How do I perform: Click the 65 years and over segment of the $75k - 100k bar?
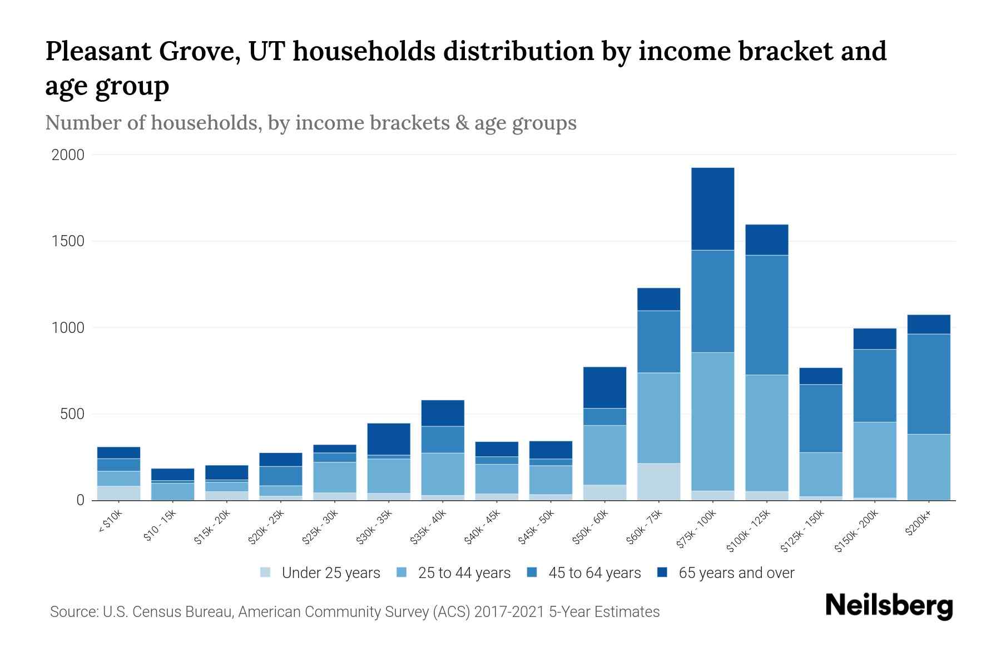(x=712, y=208)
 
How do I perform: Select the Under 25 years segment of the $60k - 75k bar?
(x=658, y=481)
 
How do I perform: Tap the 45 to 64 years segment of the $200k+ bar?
(x=928, y=384)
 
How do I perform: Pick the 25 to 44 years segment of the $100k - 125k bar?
(x=766, y=432)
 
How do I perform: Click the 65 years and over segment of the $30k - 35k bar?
(x=389, y=439)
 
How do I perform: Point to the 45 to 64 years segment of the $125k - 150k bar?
(x=820, y=418)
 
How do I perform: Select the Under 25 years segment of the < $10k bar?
(x=118, y=493)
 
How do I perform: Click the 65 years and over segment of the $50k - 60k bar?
(x=604, y=387)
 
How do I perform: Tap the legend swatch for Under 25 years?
(x=266, y=573)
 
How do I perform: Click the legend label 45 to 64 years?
(x=594, y=573)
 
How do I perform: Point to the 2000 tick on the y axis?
(x=68, y=155)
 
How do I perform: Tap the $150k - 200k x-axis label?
(x=856, y=531)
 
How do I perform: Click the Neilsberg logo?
(x=889, y=606)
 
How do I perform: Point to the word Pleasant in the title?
(x=97, y=52)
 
